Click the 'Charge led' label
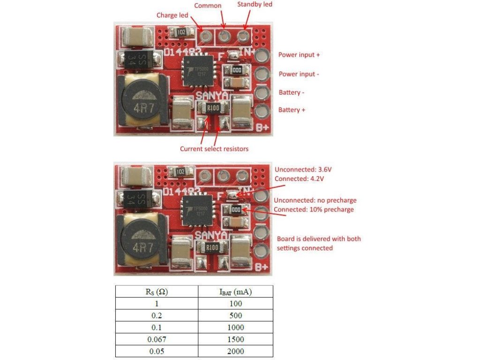[172, 15]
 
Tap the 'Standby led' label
[255, 4]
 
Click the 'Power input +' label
[299, 55]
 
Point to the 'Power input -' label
[299, 74]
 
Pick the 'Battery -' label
[292, 92]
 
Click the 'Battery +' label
[292, 110]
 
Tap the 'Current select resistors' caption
[214, 149]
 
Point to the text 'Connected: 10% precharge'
[313, 209]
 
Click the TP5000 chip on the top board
[197, 71]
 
